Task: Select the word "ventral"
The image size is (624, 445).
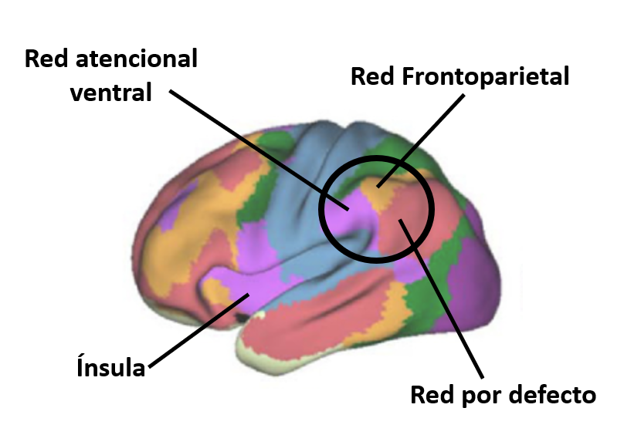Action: tap(110, 93)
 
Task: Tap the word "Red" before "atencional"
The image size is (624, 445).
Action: tap(43, 59)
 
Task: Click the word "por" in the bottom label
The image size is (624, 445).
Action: tap(480, 396)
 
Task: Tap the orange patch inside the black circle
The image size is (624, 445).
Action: tap(383, 196)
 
